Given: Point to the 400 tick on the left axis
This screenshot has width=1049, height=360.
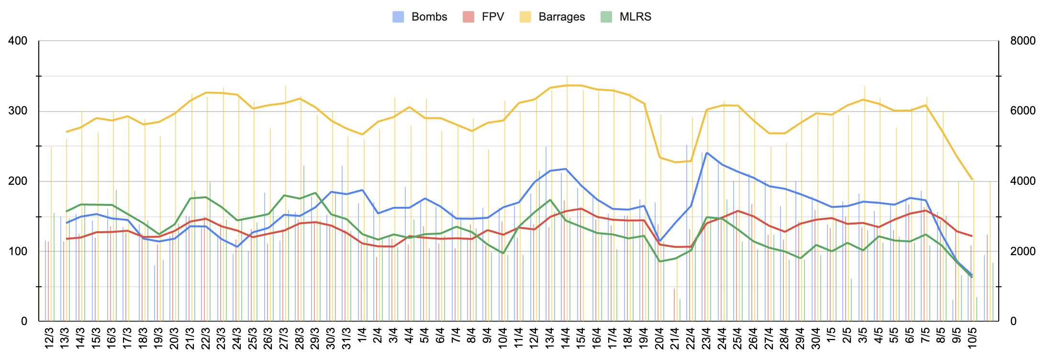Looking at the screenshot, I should pos(18,41).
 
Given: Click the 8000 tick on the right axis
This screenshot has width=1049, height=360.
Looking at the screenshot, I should pos(1023,41).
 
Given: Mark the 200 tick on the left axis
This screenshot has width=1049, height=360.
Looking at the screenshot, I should pos(18,181).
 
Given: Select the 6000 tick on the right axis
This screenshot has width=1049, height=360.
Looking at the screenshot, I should pos(1023,111).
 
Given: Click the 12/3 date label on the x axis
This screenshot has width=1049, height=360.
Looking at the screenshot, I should pos(49,338).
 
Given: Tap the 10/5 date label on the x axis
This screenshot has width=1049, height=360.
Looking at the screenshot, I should pos(972,338).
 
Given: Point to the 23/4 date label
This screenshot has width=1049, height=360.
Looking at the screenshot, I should pos(706,338).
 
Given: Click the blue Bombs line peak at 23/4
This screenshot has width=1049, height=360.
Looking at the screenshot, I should pos(707,153).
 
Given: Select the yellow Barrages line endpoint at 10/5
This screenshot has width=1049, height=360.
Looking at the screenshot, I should pos(972,180).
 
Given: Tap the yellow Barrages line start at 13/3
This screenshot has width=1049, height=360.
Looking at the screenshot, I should pos(67,132).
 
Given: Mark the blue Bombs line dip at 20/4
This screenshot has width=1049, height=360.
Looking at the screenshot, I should pos(660,241).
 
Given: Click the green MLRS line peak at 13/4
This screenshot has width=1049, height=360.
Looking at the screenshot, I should pos(550,200).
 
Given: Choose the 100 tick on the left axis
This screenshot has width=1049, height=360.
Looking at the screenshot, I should pos(18,251).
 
